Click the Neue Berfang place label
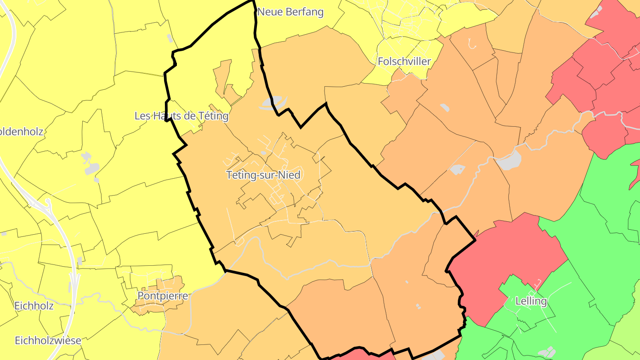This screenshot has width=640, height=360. click(x=290, y=12)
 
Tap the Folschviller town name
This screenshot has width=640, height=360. click(x=404, y=61)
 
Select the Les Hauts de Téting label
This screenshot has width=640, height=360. click(x=181, y=116)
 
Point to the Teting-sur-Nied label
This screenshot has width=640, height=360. click(x=264, y=175)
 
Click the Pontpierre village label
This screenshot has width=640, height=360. click(x=163, y=296)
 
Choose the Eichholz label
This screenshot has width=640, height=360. click(x=34, y=306)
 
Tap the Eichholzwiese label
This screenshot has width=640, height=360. click(x=48, y=341)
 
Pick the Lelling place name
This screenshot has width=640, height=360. click(x=531, y=301)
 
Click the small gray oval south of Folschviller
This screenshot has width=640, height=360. click(x=444, y=108)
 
